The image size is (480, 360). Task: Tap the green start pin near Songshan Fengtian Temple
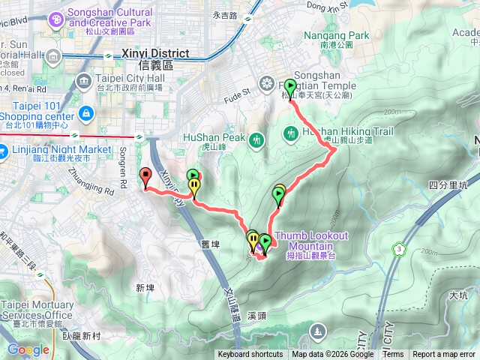(290, 87)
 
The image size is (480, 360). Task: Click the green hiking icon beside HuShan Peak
(257, 139)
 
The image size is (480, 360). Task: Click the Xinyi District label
(157, 54)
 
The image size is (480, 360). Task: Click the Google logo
(28, 349)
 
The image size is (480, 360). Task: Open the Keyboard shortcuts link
(250, 355)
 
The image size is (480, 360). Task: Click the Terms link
(392, 355)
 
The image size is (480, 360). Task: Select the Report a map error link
(444, 355)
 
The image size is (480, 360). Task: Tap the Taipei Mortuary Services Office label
(37, 310)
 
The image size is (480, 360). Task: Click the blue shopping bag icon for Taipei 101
(86, 113)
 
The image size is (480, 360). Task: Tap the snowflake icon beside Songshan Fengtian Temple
(266, 83)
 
